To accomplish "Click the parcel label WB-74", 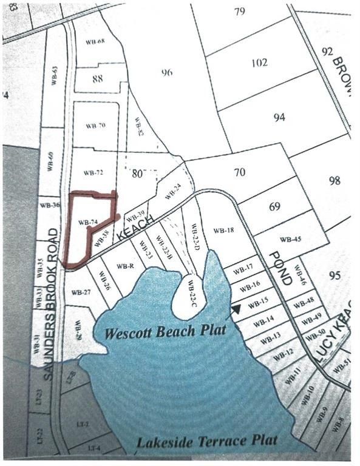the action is point(87,222).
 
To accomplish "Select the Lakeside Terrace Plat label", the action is point(206,441).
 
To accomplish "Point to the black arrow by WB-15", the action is point(234,309).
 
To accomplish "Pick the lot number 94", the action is point(279,117).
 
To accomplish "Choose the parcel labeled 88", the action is point(97,79).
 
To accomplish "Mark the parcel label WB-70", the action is point(95,126).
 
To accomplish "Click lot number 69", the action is point(274,207).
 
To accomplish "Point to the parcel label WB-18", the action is point(223,231).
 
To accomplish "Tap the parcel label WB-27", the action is point(81,292).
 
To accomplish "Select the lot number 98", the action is point(333,181).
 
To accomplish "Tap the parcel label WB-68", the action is point(95,42).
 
